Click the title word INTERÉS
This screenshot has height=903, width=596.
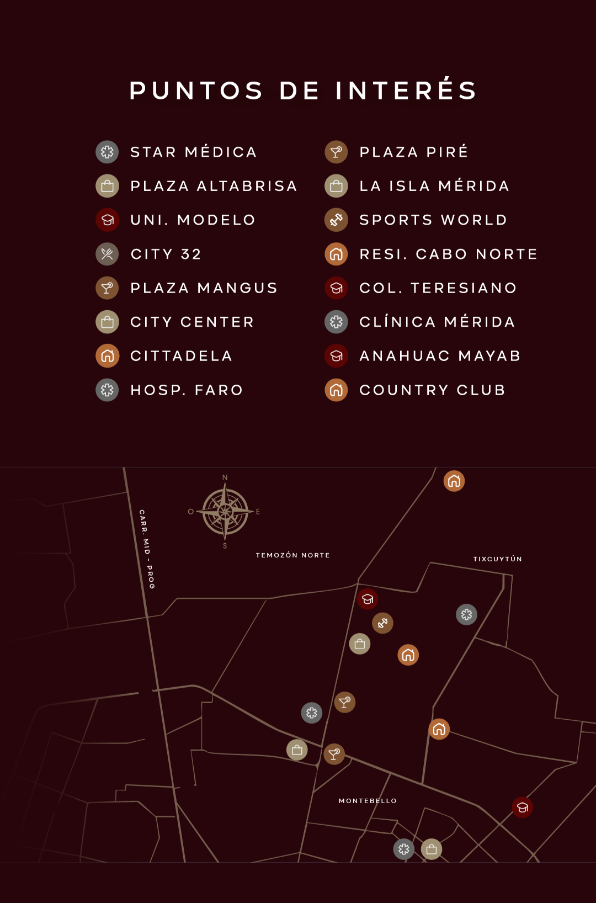coord(406,91)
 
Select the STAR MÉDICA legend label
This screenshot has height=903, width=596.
coord(194,152)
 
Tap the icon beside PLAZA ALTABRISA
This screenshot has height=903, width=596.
coord(107,186)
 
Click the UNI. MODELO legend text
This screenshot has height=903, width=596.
coord(193,220)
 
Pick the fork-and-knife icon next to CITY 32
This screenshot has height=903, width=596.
coord(107,254)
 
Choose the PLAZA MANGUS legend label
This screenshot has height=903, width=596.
coord(204,288)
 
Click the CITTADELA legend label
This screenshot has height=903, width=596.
coord(182,356)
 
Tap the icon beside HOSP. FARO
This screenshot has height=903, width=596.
coord(107,390)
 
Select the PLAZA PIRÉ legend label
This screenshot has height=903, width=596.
coord(414,152)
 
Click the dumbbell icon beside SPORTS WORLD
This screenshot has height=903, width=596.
coord(336,220)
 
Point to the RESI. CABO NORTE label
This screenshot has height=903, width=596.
coord(449,254)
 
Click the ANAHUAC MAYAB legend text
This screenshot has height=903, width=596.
coord(440,356)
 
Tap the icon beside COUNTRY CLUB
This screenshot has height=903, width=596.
coord(336,390)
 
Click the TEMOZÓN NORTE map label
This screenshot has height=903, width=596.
coord(293,555)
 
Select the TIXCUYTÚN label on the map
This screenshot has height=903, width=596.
coord(498,559)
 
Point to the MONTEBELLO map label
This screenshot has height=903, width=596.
coord(368,801)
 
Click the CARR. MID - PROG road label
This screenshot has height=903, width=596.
coord(147,549)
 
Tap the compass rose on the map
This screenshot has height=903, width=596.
coord(225,512)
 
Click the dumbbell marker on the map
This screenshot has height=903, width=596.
coord(382,623)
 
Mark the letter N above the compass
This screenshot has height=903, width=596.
coord(225,477)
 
